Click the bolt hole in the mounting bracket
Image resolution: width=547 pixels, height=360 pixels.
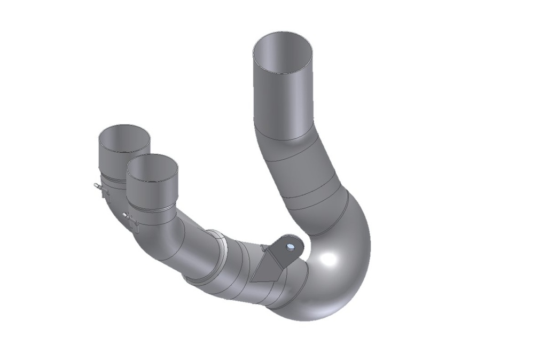[290, 246]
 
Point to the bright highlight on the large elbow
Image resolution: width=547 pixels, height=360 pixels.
[327, 261]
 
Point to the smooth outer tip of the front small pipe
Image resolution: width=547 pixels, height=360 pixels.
[152, 190]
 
